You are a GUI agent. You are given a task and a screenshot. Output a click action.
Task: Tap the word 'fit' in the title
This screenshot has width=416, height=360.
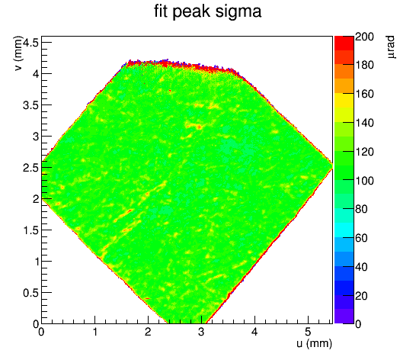coord(161,11)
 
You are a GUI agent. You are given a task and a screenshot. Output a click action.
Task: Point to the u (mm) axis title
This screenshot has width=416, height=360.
coord(315,343)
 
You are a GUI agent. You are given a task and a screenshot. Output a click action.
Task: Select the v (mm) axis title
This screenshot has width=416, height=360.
coord(18,53)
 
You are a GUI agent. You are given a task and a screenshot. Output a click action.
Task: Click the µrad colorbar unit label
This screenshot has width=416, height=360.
coord(391,47)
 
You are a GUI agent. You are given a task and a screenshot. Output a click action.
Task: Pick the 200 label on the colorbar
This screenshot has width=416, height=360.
coord(364,37)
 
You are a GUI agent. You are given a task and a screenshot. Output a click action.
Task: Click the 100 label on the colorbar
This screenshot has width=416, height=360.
coord(364,181)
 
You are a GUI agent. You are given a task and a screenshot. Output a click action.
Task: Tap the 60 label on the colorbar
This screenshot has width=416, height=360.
coord(361,238)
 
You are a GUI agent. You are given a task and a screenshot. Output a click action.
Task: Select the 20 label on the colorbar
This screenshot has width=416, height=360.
coord(361,295)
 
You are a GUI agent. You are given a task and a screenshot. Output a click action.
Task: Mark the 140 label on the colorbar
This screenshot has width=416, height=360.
coord(364,123)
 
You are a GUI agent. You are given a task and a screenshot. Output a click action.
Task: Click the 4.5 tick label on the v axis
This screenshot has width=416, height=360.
coord(31,42)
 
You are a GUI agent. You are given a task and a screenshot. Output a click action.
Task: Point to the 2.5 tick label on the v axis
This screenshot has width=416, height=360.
coord(31,168)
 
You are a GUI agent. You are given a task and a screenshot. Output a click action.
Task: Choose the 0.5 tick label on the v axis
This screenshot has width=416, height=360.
coord(31,293)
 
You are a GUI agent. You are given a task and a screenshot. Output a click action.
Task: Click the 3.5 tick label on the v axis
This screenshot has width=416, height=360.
coord(31,105)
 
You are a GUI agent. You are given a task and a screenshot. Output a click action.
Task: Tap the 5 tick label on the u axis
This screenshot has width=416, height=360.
coord(308,332)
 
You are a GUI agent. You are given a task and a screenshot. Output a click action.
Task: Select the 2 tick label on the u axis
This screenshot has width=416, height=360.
coord(148,332)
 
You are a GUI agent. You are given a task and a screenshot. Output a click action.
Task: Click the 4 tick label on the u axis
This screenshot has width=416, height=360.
coord(254,332)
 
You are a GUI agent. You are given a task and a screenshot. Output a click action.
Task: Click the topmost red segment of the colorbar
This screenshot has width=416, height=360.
coord(344,43)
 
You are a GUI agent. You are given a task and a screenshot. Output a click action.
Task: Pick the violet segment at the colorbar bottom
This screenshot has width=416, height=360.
coord(344,317)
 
